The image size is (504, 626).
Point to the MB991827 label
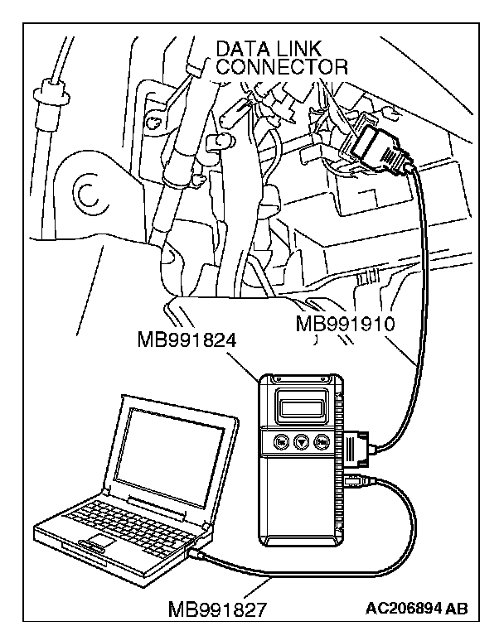pyautogui.click(x=218, y=610)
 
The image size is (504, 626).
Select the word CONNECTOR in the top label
pyautogui.click(x=282, y=66)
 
